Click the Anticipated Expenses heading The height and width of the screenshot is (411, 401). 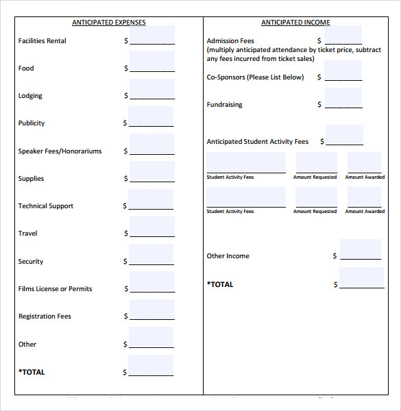[109, 23]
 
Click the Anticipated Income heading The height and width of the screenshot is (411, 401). [295, 23]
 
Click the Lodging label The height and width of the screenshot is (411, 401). [30, 96]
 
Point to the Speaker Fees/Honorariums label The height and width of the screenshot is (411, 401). [60, 151]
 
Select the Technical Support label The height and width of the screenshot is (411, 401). [45, 206]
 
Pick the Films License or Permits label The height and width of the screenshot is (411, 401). [55, 289]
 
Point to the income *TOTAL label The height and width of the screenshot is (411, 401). [220, 284]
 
